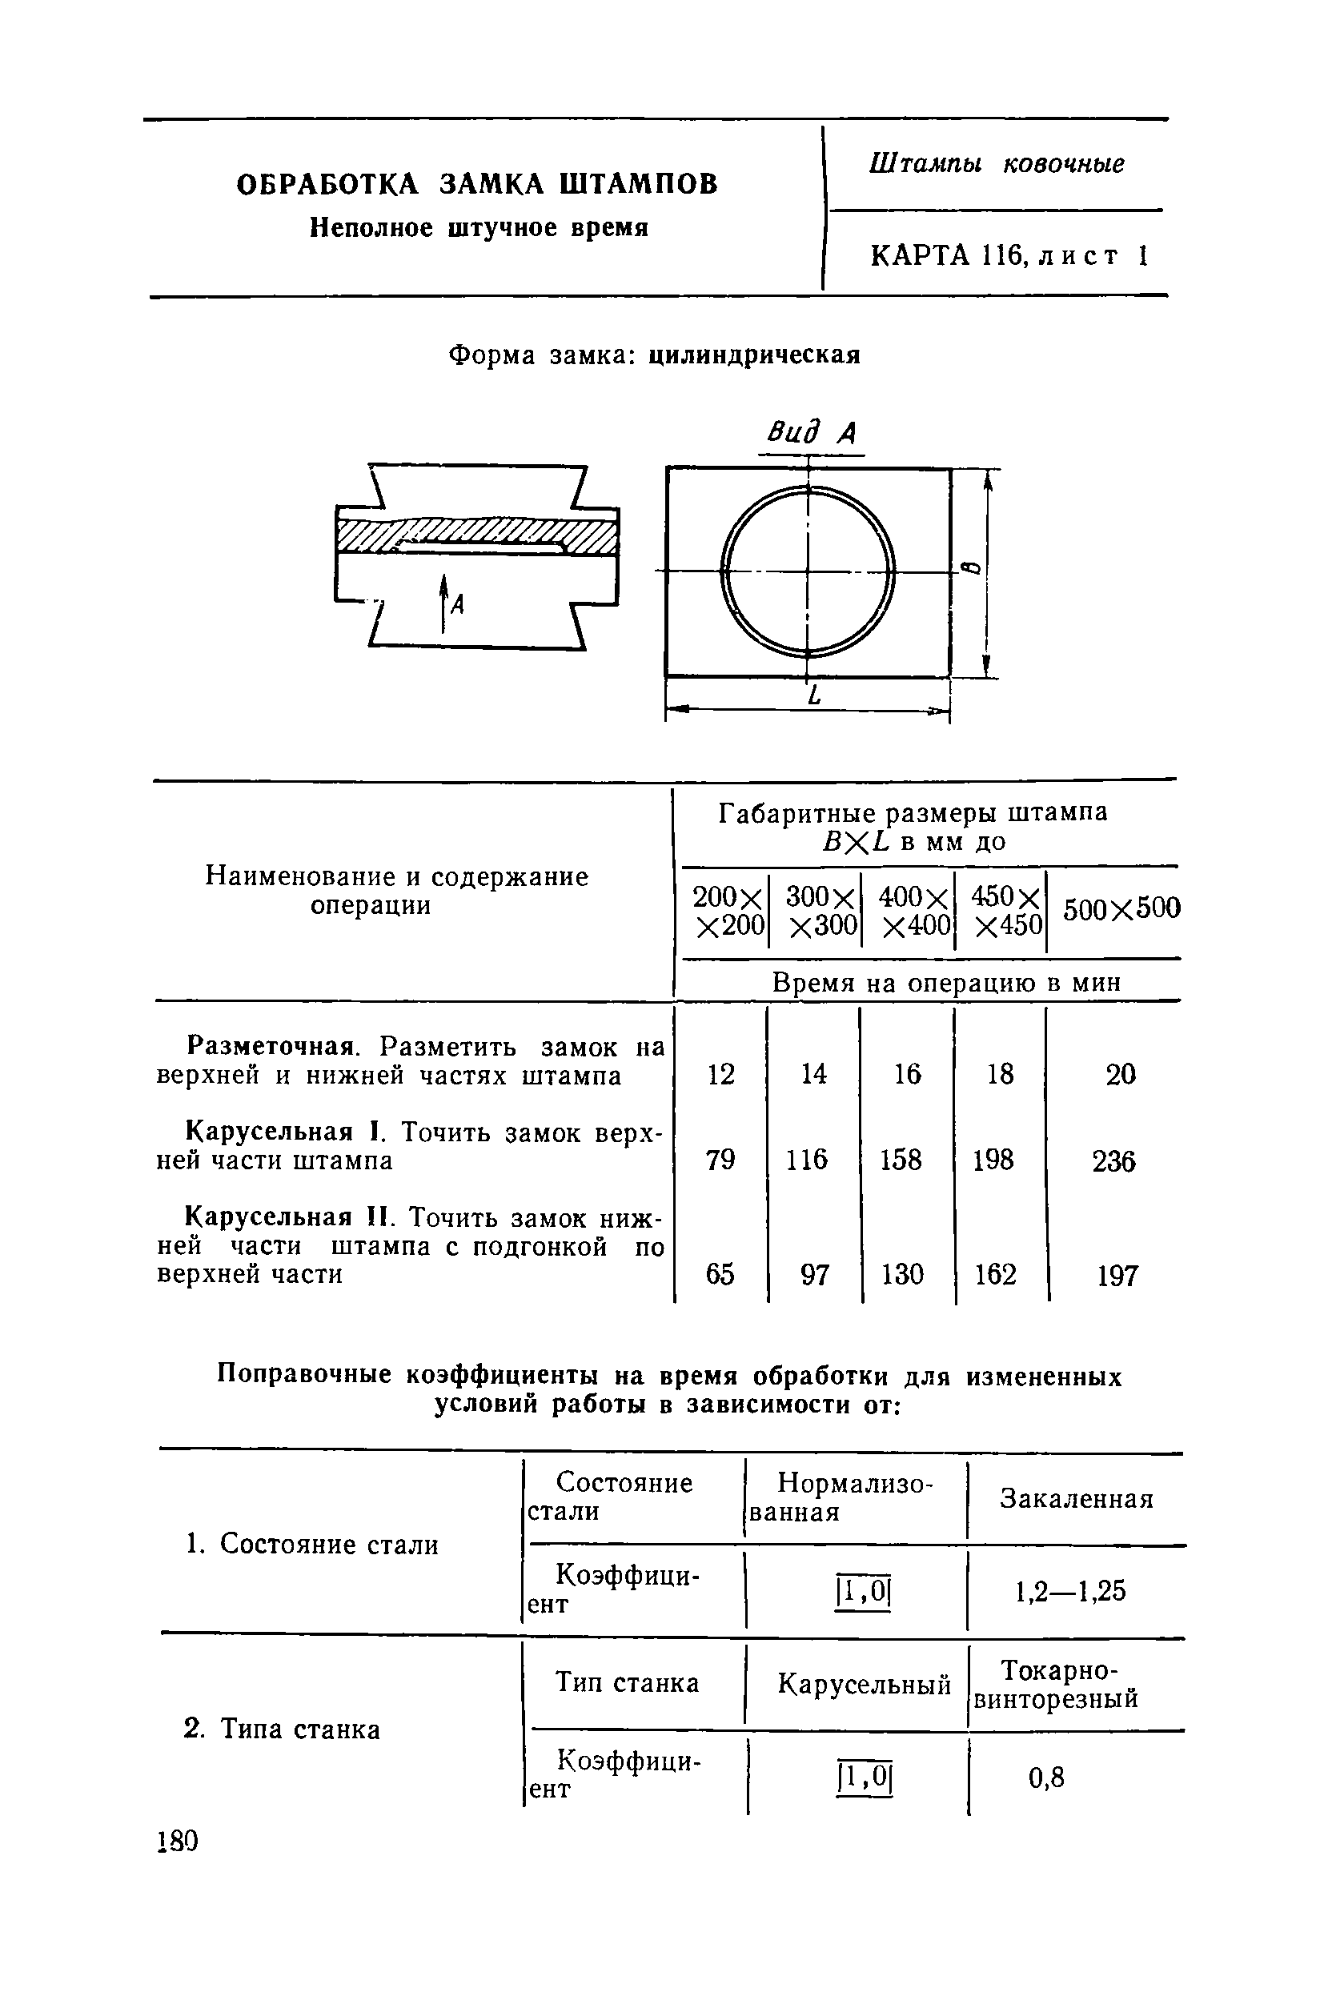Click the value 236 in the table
tap(1113, 1161)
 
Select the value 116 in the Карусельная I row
tap(806, 1159)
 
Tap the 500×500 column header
tap(1121, 909)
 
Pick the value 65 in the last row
tap(720, 1274)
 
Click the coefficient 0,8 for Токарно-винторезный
tap(1046, 1778)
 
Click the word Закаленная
tap(1077, 1498)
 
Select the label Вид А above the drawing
tap(811, 433)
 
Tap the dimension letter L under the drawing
tap(814, 696)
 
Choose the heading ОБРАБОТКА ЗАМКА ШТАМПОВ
tap(477, 183)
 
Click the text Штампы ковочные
tap(997, 163)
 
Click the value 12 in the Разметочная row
tap(720, 1075)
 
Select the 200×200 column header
tap(728, 910)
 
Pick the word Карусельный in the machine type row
tap(864, 1684)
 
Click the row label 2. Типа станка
tap(281, 1729)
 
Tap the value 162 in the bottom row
tap(995, 1274)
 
